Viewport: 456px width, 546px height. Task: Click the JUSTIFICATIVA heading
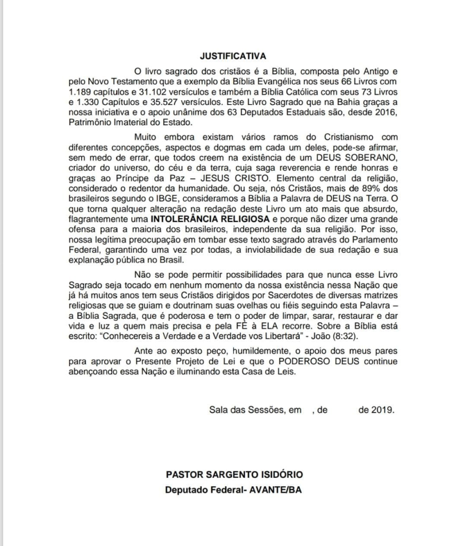[x=233, y=55]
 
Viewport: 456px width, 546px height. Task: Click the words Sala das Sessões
[x=247, y=410]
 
